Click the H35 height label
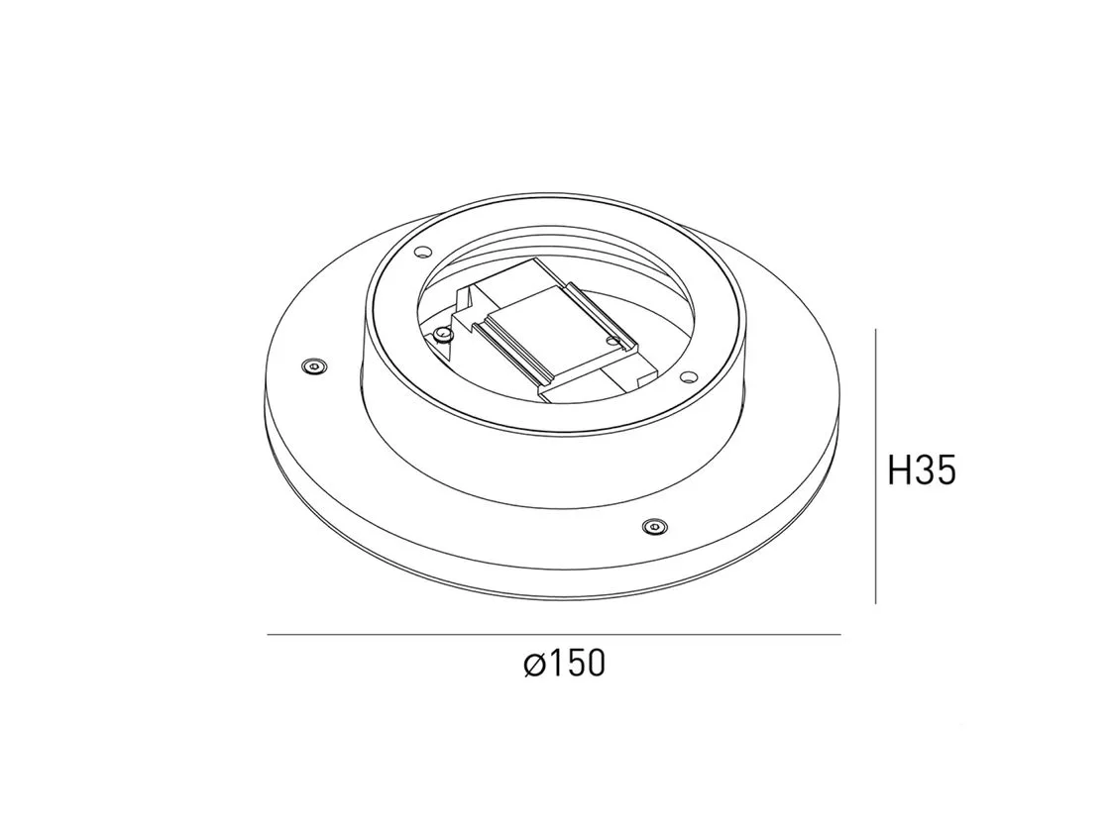(x=922, y=470)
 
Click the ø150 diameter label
(x=565, y=664)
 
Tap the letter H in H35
(x=900, y=470)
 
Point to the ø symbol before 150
(x=534, y=665)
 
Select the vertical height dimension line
(x=876, y=467)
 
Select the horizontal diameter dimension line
(x=554, y=635)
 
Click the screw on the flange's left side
(x=314, y=365)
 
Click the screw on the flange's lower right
(x=655, y=526)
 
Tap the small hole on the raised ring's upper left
(x=423, y=251)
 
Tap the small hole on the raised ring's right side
(x=686, y=376)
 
